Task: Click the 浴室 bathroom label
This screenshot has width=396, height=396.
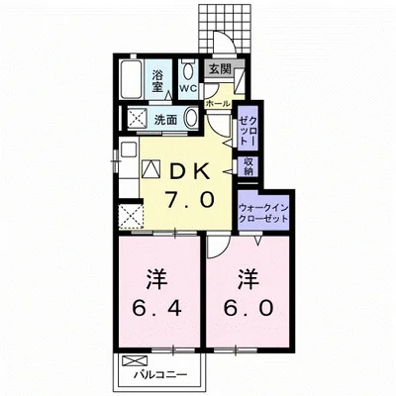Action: [x=157, y=79]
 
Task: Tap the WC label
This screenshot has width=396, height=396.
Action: [x=187, y=86]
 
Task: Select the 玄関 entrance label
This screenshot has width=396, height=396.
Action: [x=219, y=68]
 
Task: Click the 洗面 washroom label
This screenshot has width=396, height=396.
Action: [x=165, y=120]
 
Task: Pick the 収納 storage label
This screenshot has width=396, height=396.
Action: [x=249, y=165]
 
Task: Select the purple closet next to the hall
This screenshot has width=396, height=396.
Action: [x=247, y=129]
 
